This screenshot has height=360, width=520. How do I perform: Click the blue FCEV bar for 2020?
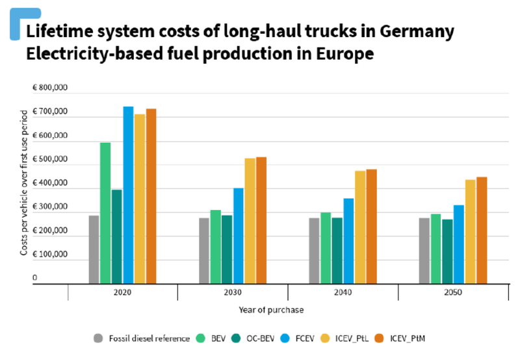(x=128, y=195)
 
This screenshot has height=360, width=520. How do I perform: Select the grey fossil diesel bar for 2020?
(x=94, y=250)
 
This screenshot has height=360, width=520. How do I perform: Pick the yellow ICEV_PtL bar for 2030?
(x=250, y=221)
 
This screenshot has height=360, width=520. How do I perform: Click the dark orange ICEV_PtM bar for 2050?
(x=482, y=230)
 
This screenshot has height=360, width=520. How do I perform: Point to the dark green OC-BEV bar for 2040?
(x=338, y=251)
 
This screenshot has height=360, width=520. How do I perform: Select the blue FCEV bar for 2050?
(x=459, y=244)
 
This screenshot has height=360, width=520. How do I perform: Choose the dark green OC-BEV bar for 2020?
(x=117, y=237)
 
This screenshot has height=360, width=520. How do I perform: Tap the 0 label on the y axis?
(x=35, y=278)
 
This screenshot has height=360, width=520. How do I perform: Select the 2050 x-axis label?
(x=453, y=293)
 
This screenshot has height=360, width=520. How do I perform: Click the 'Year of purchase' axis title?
(x=271, y=310)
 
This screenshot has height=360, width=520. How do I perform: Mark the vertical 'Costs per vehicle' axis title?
(x=24, y=183)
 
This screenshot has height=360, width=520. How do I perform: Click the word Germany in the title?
(x=411, y=32)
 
